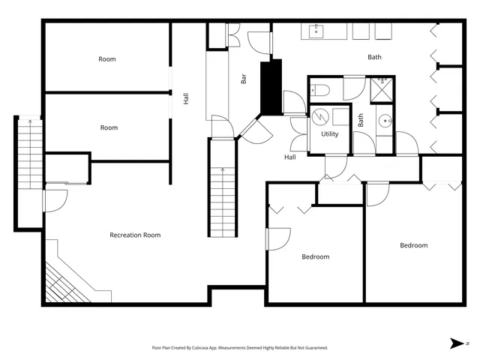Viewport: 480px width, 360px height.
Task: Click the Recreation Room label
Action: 135,235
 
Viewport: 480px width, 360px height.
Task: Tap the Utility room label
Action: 330,134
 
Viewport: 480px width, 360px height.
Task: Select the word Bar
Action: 244,77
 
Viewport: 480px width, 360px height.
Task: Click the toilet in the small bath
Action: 321,91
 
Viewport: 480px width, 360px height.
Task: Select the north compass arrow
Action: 457,343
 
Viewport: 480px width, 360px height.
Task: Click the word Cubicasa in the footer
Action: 196,348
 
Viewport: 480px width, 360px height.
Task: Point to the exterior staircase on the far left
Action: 28,172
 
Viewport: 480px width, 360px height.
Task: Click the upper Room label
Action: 107,58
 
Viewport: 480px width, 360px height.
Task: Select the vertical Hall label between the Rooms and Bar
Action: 186,97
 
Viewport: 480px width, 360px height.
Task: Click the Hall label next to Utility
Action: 289,157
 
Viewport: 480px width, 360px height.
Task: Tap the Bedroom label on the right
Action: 413,245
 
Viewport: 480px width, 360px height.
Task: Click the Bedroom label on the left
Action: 315,256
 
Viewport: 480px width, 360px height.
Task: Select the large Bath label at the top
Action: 374,57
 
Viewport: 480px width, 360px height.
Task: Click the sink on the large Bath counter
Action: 316,31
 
